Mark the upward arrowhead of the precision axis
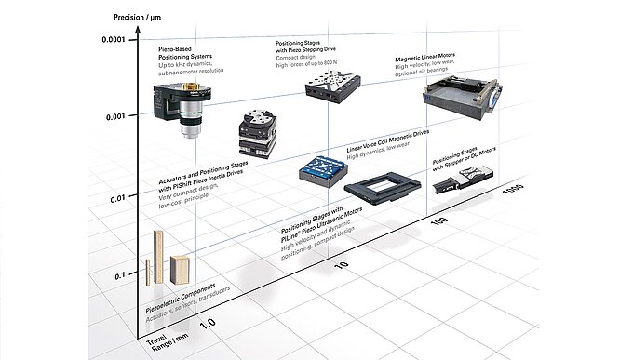point(138,31)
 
